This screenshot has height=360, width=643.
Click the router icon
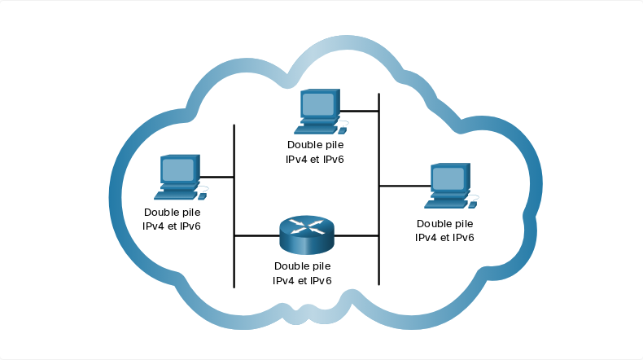click(307, 235)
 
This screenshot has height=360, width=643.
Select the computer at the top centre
click(321, 112)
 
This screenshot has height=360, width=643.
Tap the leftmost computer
click(181, 178)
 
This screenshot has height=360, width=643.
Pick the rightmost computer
click(451, 186)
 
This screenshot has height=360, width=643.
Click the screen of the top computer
click(317, 104)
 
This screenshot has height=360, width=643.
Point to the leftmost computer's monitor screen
click(178, 170)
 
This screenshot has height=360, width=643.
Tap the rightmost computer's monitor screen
click(448, 178)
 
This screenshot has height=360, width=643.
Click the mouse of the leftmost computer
click(202, 196)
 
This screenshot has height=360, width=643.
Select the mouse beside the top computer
click(342, 130)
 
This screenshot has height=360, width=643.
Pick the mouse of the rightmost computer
click(472, 204)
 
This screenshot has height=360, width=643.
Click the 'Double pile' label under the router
click(303, 266)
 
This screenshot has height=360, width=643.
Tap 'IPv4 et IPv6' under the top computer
click(314, 160)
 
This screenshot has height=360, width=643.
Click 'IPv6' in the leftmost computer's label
click(190, 226)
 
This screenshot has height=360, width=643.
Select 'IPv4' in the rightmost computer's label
click(426, 237)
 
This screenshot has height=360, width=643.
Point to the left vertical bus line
click(234, 206)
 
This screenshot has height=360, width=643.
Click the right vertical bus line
click(379, 189)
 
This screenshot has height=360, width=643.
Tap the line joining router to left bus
click(257, 236)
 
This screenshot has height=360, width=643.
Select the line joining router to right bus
click(356, 236)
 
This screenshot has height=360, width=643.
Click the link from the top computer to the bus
click(359, 111)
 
